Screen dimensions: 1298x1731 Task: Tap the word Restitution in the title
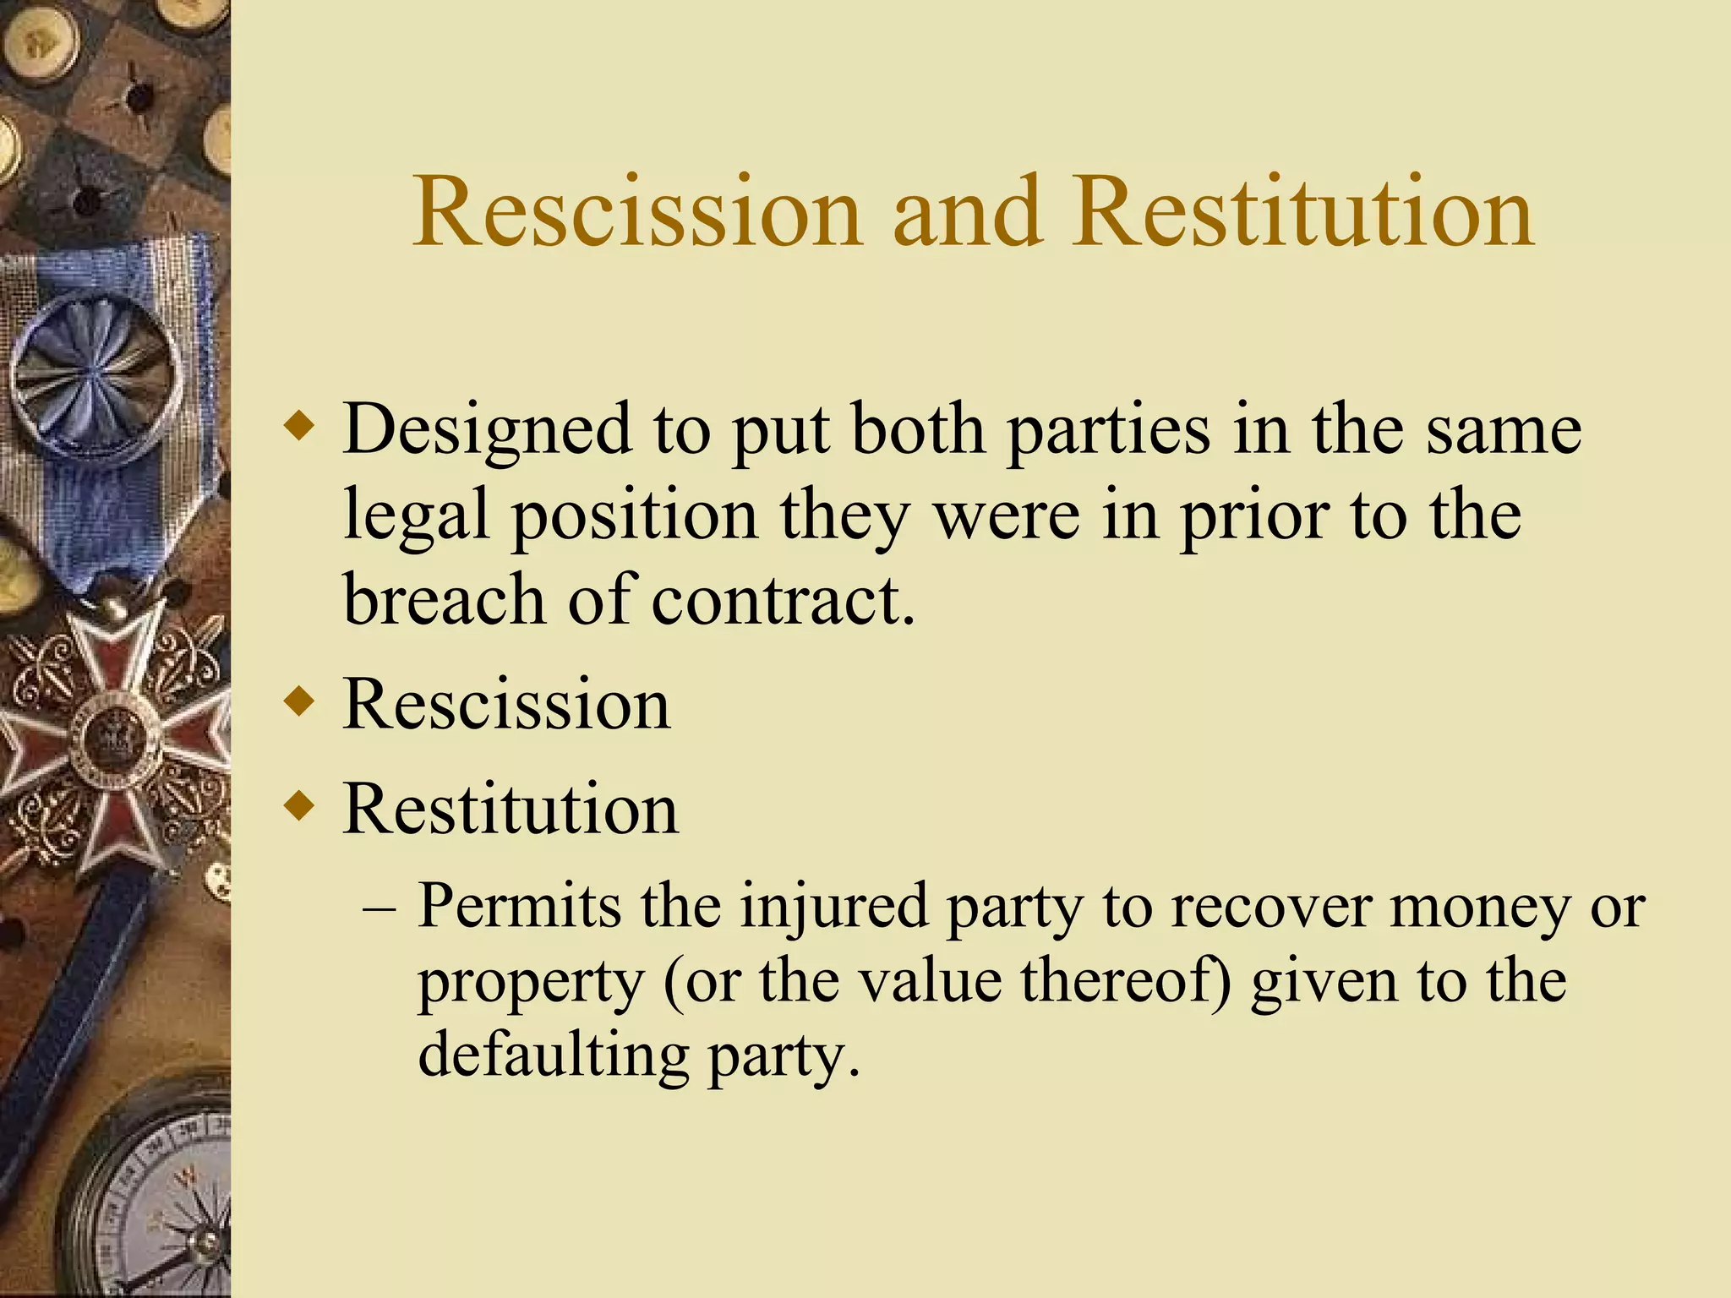click(x=1302, y=212)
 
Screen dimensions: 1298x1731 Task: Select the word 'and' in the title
click(x=965, y=212)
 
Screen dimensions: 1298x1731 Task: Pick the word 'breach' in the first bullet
click(x=444, y=599)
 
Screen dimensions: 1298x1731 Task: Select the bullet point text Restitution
click(x=510, y=810)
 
